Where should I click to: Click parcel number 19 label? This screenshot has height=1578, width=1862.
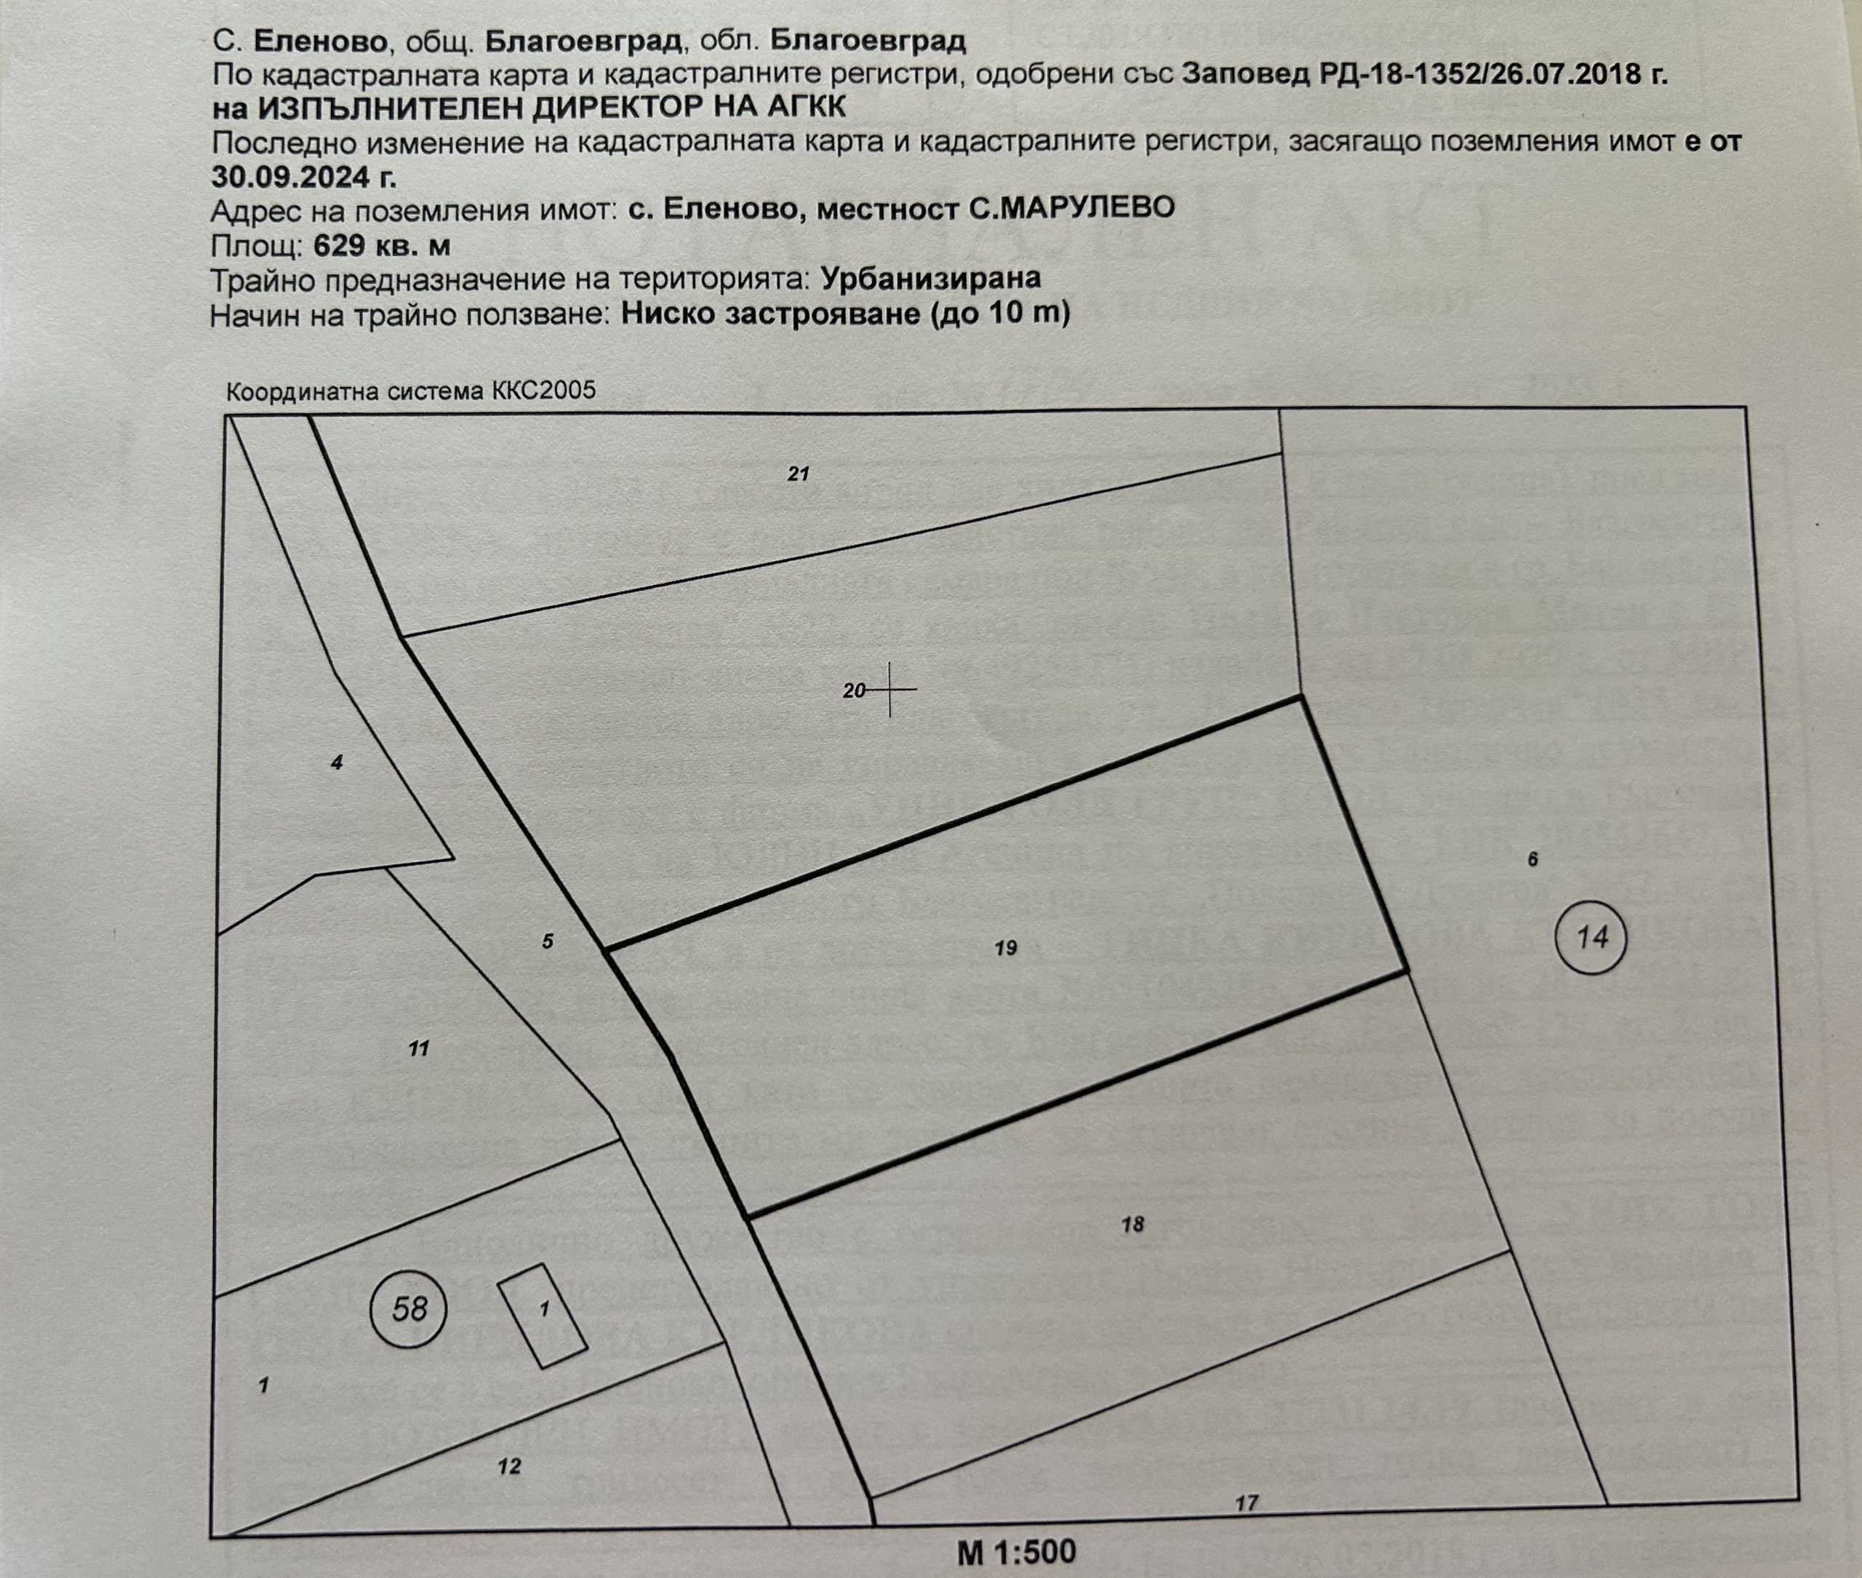point(1005,948)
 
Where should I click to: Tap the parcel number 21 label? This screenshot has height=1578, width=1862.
point(798,474)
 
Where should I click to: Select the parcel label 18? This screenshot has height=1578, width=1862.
point(1132,1224)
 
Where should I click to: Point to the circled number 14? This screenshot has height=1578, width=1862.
point(1593,939)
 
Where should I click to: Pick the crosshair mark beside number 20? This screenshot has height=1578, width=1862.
point(889,690)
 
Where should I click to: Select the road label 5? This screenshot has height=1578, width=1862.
point(548,941)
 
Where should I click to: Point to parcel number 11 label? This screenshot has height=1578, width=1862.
point(418,1048)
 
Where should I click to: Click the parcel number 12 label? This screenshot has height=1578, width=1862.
point(509,1466)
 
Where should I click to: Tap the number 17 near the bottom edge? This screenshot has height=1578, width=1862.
point(1247,1503)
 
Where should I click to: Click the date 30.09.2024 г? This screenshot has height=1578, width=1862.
point(303,176)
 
